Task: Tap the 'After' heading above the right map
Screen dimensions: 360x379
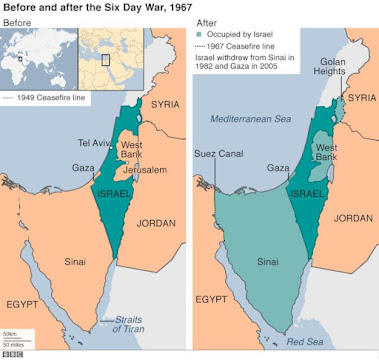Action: (207, 22)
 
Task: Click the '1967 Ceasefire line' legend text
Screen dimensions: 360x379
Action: (237, 47)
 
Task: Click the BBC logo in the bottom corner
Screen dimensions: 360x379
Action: (14, 352)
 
